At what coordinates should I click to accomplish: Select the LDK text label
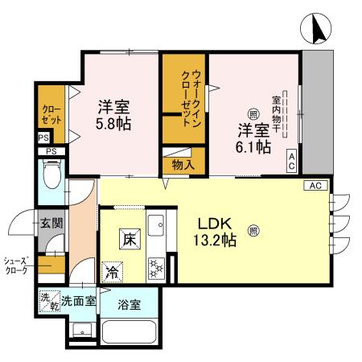tap(216, 222)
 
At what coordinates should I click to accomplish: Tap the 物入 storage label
tap(183, 165)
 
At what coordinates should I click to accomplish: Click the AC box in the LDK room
tap(315, 186)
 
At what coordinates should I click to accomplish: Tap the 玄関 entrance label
tap(51, 223)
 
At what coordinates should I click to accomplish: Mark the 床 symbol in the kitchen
tap(129, 237)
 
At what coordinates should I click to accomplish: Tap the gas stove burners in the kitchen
tap(155, 266)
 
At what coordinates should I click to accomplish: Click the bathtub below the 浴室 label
tap(129, 331)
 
